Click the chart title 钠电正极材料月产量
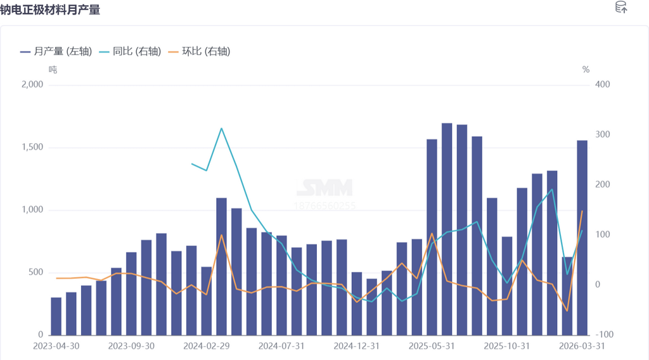(50, 10)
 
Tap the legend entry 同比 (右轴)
(136, 51)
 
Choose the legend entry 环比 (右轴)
(206, 51)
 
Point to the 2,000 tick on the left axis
(32, 85)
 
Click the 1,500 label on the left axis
(32, 148)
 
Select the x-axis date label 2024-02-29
(206, 346)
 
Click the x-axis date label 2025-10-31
(506, 346)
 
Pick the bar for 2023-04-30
(56, 316)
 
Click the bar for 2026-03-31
(582, 238)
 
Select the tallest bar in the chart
(447, 229)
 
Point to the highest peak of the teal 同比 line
(221, 128)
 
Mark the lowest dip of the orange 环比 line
(567, 311)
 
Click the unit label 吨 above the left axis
(53, 70)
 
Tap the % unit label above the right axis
(586, 70)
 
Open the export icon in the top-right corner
(621, 8)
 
